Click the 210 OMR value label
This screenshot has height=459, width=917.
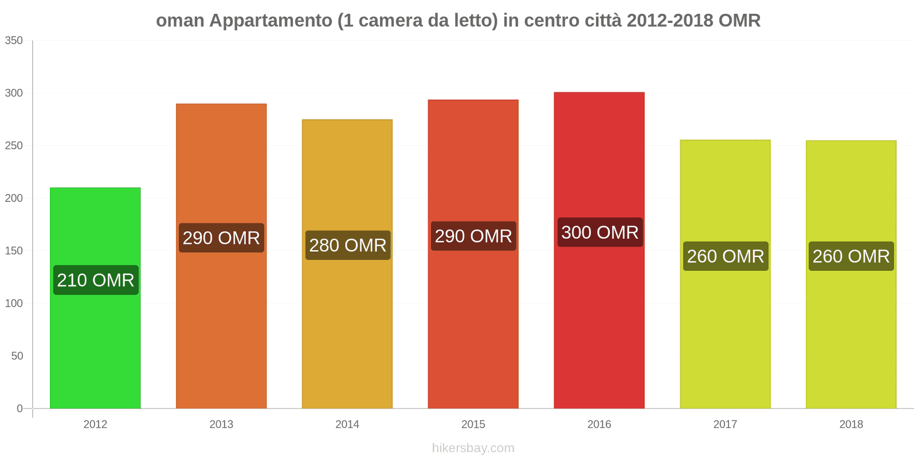click(96, 280)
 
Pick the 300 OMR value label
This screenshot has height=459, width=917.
click(599, 232)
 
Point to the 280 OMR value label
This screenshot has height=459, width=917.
click(348, 245)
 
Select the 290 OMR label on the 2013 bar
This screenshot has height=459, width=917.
click(221, 238)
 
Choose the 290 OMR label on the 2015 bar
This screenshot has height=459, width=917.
click(473, 236)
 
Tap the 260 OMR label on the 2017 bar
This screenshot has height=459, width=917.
click(726, 256)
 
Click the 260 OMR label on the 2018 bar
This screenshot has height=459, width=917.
click(851, 256)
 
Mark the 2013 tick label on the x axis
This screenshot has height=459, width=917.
click(221, 424)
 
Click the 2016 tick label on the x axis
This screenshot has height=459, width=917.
click(599, 424)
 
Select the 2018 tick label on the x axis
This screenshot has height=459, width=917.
click(851, 424)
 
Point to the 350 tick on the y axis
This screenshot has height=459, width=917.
click(14, 40)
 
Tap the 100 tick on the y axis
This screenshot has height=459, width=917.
click(14, 303)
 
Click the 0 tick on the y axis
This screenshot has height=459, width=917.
click(19, 409)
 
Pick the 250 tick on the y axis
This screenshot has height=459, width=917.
click(14, 146)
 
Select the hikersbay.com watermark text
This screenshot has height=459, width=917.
click(473, 448)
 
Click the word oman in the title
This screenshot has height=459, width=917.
click(180, 21)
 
